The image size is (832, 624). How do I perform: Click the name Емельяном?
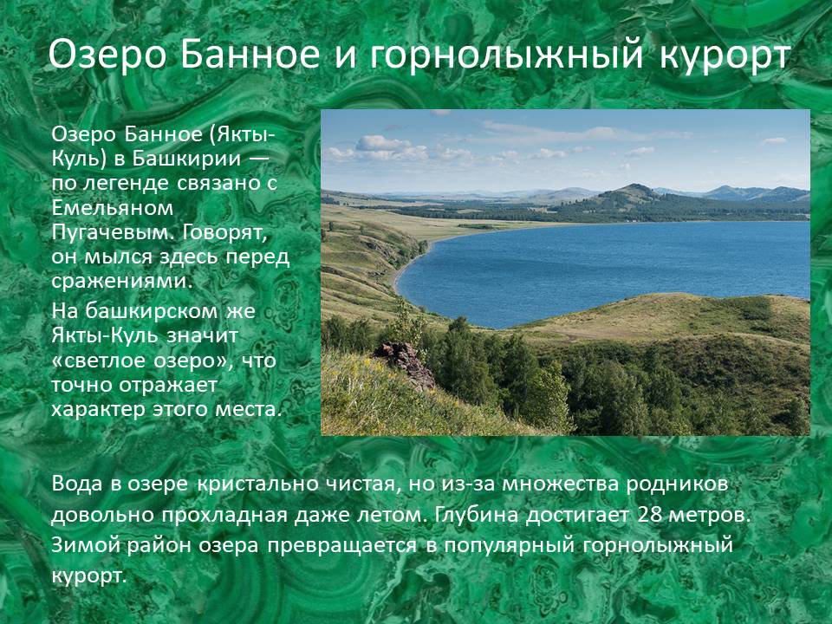click(113, 207)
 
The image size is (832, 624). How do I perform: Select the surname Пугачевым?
click(110, 233)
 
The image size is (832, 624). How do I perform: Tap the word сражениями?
click(120, 281)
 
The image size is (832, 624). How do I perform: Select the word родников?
click(677, 484)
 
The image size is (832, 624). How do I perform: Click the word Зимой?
click(86, 545)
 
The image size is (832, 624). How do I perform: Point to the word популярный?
click(510, 546)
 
